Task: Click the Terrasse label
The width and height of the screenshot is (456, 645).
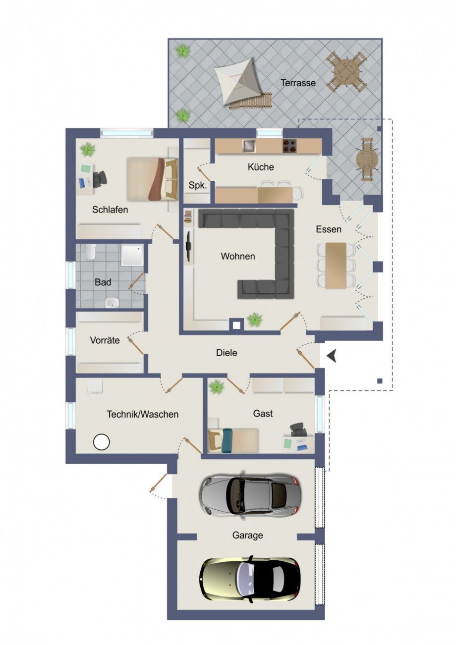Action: click(298, 83)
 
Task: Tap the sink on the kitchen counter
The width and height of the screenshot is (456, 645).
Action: click(248, 146)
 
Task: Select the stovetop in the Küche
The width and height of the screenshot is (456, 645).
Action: click(289, 146)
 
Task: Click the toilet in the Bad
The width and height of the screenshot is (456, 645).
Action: click(91, 252)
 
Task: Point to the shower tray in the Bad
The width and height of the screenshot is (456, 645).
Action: click(132, 255)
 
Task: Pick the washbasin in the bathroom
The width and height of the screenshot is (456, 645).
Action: click(112, 302)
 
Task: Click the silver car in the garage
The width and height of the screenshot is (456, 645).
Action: click(250, 495)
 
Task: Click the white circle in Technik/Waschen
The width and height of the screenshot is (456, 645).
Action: click(102, 442)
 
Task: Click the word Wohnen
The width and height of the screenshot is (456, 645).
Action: click(238, 256)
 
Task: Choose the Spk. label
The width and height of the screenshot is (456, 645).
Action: click(198, 186)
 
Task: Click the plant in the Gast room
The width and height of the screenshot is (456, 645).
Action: click(216, 387)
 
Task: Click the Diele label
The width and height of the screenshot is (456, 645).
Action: click(227, 353)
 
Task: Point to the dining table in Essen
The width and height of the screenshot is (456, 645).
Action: click(336, 265)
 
